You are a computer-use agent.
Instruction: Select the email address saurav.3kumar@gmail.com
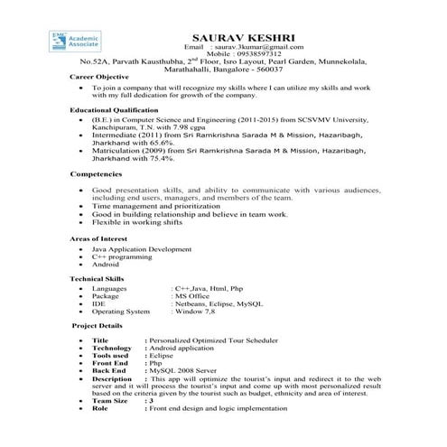point(269,45)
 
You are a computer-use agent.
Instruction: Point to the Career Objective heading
point(100,78)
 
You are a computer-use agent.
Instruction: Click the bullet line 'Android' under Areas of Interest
point(106,264)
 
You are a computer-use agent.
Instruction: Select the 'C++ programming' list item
point(121,256)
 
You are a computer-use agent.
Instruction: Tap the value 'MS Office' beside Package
point(193,295)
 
